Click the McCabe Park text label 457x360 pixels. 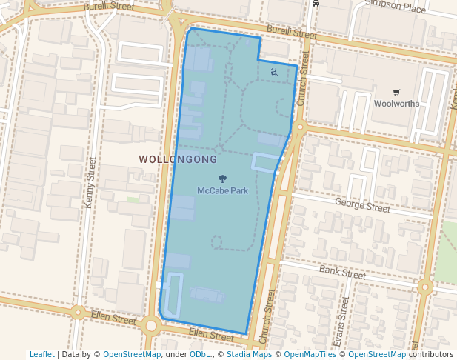tap(222, 190)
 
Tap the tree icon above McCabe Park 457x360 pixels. tap(222, 179)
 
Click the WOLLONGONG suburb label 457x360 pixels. tap(178, 159)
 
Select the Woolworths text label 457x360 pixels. tap(396, 104)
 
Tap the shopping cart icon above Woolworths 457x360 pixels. tap(396, 93)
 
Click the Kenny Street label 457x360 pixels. tap(90, 182)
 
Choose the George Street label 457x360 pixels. tap(362, 205)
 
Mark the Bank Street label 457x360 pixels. tap(342, 273)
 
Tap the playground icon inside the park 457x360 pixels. tap(273, 72)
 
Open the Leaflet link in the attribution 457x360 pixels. tap(41, 354)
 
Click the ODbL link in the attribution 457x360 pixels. tap(199, 354)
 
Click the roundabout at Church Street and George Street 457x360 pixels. tap(298, 127)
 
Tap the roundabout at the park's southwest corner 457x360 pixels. tap(151, 324)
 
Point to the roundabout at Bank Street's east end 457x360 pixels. tap(424, 287)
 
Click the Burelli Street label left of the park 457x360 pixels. tap(109, 7)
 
